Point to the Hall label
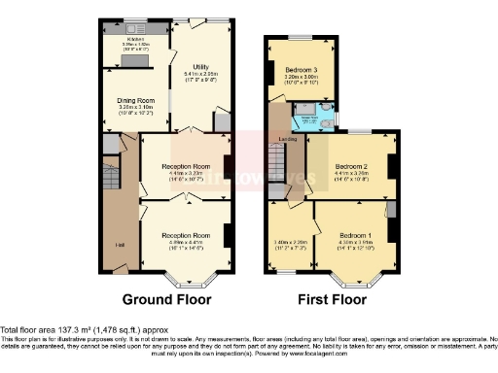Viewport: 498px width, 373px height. tap(118, 244)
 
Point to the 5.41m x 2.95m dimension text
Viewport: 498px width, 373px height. tap(201, 74)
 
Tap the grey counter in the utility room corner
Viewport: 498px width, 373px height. tap(222, 120)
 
